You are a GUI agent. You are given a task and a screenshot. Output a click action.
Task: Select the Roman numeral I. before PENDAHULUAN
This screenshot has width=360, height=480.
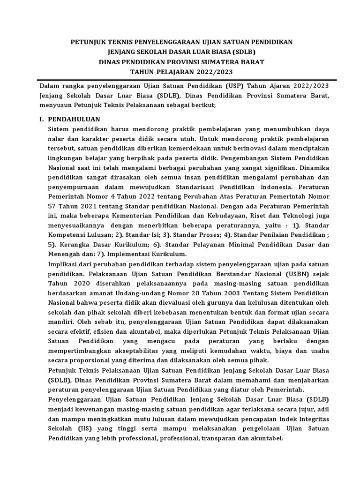pyautogui.click(x=41, y=119)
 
